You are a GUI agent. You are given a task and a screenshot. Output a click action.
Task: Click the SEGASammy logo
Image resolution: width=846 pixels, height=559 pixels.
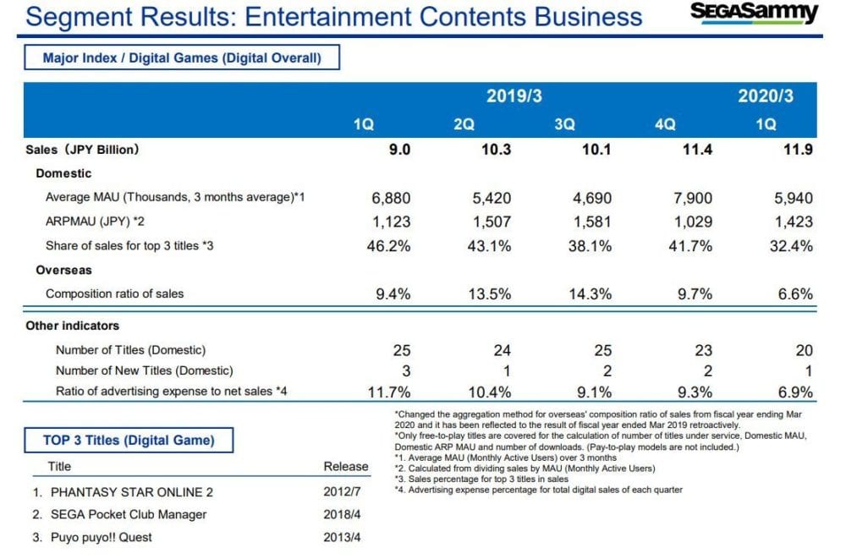tap(755, 14)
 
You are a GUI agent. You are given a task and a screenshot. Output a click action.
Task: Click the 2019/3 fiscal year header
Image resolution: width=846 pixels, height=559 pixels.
tap(514, 96)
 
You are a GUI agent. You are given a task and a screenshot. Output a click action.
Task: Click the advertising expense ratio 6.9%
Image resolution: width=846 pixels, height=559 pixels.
tap(796, 392)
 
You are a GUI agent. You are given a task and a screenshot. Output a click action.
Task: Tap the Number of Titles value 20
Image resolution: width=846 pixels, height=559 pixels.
tap(804, 350)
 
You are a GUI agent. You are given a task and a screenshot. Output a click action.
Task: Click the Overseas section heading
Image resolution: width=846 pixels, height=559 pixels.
tap(63, 271)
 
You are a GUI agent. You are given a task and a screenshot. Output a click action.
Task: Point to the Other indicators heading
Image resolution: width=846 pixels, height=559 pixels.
tap(72, 326)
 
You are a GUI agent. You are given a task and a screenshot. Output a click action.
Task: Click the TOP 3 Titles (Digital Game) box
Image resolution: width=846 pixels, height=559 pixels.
tap(129, 440)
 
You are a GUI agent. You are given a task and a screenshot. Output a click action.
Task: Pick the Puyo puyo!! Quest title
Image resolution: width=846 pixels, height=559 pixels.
tap(101, 537)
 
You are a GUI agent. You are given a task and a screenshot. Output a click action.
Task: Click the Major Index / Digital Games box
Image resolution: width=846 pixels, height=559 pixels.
tap(182, 58)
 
